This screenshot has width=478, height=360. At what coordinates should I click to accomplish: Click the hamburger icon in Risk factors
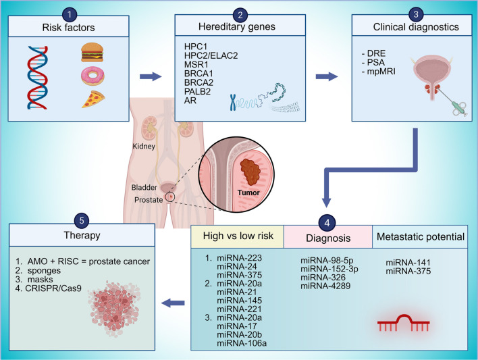(x=92, y=52)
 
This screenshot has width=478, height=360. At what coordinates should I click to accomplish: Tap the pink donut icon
(x=92, y=76)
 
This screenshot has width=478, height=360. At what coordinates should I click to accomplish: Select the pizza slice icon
(x=93, y=99)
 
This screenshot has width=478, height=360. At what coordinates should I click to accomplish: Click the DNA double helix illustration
(x=38, y=78)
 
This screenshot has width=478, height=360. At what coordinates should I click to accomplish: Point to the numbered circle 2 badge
(x=240, y=15)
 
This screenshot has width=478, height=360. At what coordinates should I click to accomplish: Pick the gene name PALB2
(x=197, y=92)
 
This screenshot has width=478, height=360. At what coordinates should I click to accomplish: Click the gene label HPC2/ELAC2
(x=211, y=55)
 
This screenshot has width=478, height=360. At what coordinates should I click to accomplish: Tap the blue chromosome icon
(x=233, y=102)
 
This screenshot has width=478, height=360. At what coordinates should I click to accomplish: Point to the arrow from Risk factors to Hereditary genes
(x=151, y=76)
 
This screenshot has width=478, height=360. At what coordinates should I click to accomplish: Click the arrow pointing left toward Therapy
(x=173, y=303)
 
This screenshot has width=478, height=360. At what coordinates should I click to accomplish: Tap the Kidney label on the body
(x=144, y=147)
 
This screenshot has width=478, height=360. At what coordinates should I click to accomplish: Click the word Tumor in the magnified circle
(x=248, y=192)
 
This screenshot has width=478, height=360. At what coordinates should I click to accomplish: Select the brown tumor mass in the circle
(x=250, y=172)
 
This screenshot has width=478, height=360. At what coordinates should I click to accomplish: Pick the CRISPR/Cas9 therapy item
(x=49, y=288)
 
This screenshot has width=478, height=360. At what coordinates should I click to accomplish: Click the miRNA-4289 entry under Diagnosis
(x=325, y=286)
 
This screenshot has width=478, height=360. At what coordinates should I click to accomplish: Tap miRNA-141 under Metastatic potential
(x=408, y=262)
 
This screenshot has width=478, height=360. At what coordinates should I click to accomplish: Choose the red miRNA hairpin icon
(x=403, y=323)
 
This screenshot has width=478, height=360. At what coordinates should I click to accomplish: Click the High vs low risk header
(x=238, y=236)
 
